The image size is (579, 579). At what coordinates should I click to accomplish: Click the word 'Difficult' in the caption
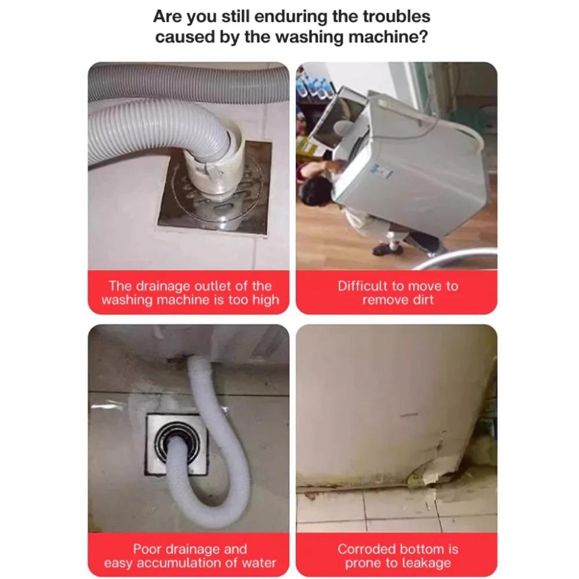coord(363,286)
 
